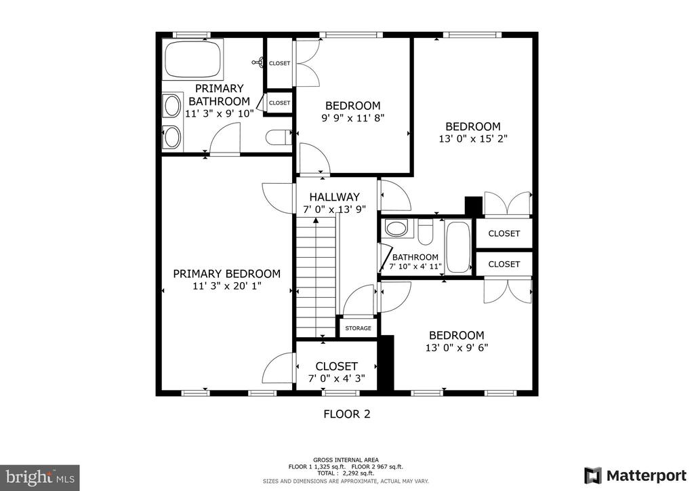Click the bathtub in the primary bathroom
click(x=192, y=59)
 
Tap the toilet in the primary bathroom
click(x=279, y=137)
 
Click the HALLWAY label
click(x=334, y=197)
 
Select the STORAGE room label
click(x=358, y=328)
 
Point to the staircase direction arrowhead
click(x=316, y=220)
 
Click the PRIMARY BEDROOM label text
click(x=226, y=273)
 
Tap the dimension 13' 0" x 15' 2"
click(x=472, y=138)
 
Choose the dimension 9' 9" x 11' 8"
click(x=352, y=118)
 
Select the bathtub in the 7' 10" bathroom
click(x=458, y=247)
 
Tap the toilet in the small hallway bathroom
click(x=426, y=232)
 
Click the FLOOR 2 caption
click(x=347, y=414)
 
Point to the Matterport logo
click(x=636, y=475)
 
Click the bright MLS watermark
click(x=40, y=477)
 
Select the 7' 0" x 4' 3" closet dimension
click(x=336, y=378)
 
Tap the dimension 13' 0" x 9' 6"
click(x=457, y=347)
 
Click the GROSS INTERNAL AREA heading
click(x=346, y=460)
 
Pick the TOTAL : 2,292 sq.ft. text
click(x=346, y=473)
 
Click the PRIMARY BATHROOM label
click(x=219, y=95)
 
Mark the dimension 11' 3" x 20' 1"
click(x=227, y=286)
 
